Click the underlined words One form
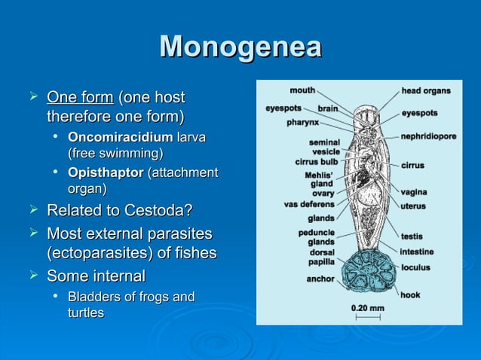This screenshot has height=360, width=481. pyautogui.click(x=80, y=98)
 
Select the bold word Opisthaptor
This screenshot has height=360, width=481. pyautogui.click(x=105, y=174)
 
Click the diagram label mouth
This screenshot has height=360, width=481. pyautogui.click(x=302, y=90)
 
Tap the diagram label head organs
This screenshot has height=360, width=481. pyautogui.click(x=426, y=91)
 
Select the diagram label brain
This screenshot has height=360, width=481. pyautogui.click(x=327, y=108)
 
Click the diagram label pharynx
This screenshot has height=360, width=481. pyautogui.click(x=302, y=122)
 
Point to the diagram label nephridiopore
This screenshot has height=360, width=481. pyautogui.click(x=428, y=137)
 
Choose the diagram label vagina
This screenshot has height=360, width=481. pyautogui.click(x=414, y=192)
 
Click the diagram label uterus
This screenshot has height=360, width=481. pyautogui.click(x=413, y=206)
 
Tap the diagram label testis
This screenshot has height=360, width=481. pyautogui.click(x=412, y=236)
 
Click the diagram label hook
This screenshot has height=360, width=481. pyautogui.click(x=410, y=294)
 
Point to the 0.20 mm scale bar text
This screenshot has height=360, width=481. pyautogui.click(x=367, y=307)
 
